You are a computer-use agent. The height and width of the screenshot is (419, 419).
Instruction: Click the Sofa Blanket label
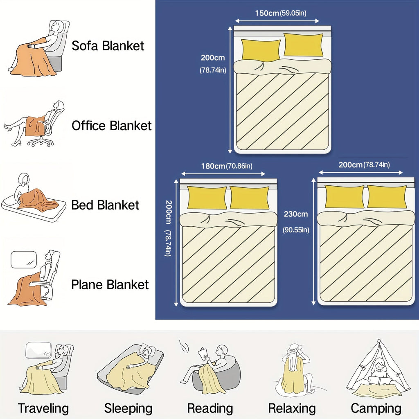(x=108, y=46)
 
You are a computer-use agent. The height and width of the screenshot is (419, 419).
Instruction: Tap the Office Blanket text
(x=112, y=126)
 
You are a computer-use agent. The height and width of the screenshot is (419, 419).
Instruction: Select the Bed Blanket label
(x=105, y=205)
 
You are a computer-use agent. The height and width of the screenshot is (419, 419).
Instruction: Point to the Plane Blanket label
(x=110, y=285)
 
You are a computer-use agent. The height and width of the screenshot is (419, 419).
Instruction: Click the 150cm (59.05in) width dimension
(x=281, y=13)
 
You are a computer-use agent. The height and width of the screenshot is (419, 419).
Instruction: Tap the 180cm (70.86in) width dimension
(x=227, y=166)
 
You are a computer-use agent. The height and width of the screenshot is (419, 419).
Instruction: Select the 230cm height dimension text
(x=296, y=214)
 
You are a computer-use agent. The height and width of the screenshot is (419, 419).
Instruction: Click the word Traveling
(x=43, y=408)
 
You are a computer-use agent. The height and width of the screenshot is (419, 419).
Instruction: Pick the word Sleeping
(x=128, y=408)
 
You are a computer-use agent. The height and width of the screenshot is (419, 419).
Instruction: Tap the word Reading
(x=210, y=408)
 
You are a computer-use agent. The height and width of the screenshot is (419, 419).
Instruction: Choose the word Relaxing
(x=292, y=408)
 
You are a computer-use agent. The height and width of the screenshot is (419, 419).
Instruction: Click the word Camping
(x=376, y=408)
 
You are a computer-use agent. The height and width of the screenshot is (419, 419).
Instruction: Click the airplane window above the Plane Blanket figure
(x=23, y=259)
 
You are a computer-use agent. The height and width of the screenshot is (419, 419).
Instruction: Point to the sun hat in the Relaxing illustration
(x=294, y=349)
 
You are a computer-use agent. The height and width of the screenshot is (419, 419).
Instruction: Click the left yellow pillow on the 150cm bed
(x=261, y=50)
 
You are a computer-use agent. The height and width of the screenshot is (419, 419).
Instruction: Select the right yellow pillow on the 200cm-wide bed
(x=387, y=196)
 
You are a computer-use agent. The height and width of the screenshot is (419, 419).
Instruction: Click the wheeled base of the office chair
(x=41, y=142)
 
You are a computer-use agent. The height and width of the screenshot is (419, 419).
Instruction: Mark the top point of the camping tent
(x=379, y=340)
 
